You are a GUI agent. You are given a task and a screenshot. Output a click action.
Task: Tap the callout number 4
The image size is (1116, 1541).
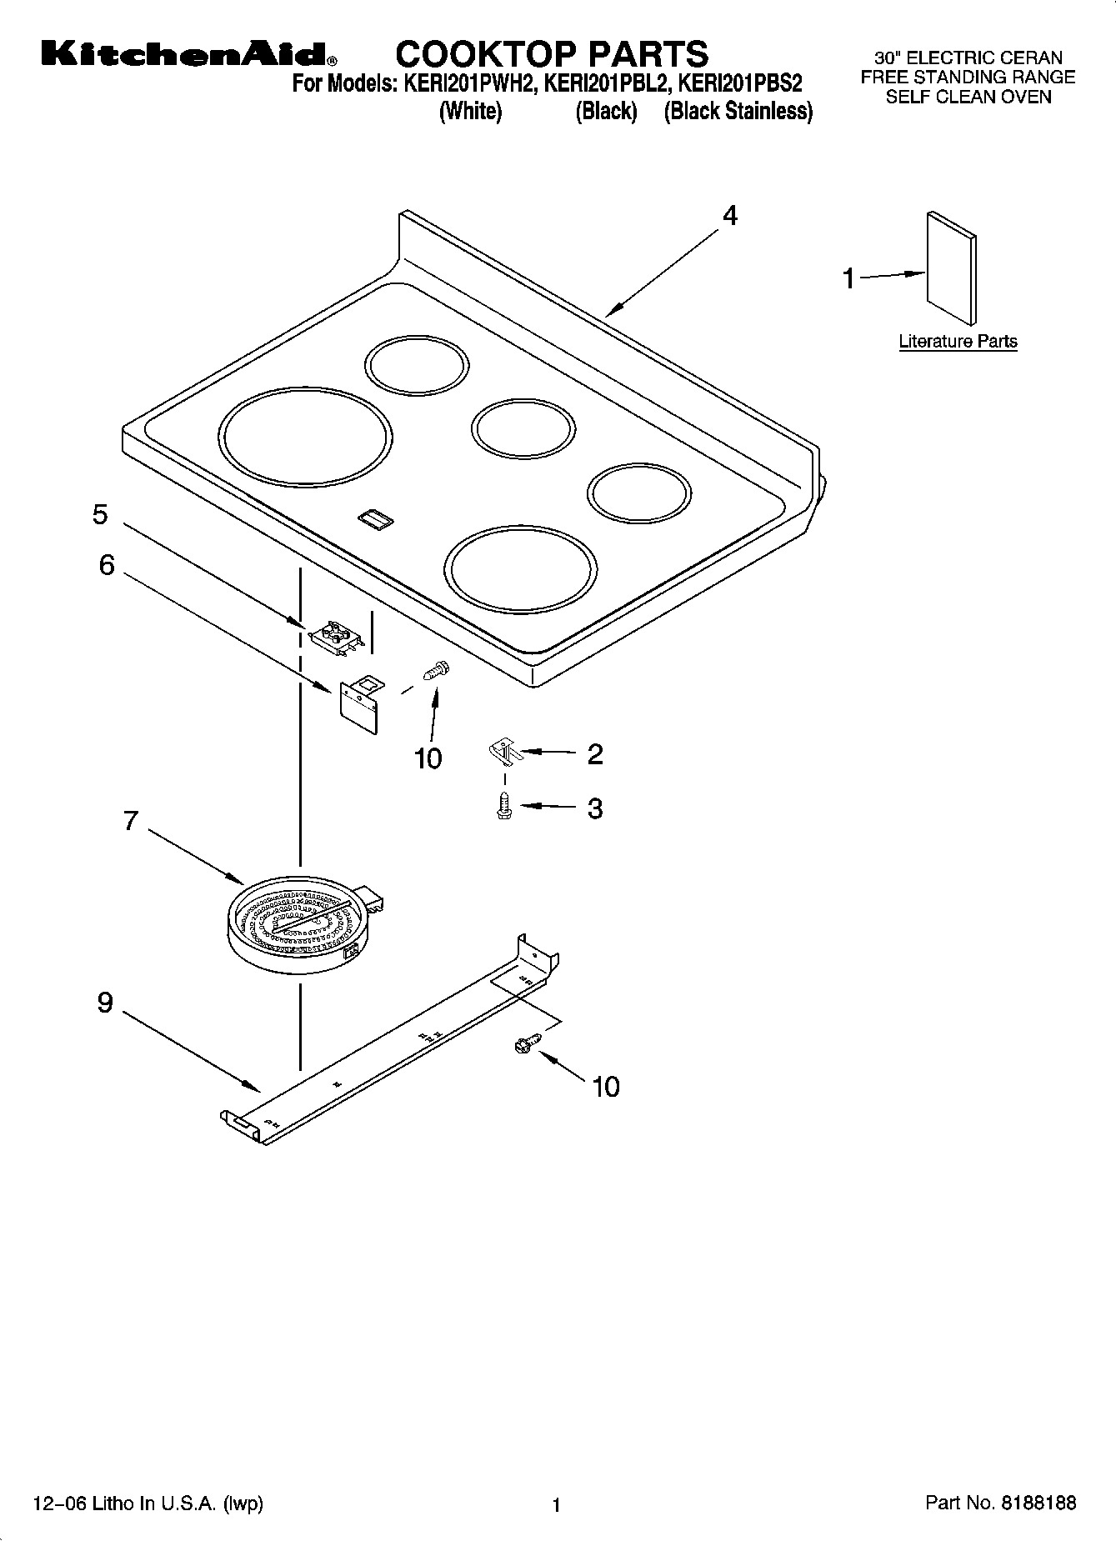pyautogui.click(x=729, y=216)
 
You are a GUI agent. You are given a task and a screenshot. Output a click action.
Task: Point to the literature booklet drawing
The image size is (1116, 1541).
pyautogui.click(x=951, y=267)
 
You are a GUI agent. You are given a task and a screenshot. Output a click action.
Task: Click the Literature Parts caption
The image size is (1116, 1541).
pyautogui.click(x=958, y=341)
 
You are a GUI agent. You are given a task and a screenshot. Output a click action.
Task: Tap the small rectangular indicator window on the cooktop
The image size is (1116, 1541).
pyautogui.click(x=376, y=520)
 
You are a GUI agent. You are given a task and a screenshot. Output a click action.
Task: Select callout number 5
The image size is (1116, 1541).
pyautogui.click(x=100, y=514)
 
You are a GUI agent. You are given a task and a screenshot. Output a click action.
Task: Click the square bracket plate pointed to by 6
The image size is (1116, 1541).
pyautogui.click(x=360, y=704)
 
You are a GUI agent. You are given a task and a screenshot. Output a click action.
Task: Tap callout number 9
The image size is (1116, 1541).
pyautogui.click(x=105, y=1002)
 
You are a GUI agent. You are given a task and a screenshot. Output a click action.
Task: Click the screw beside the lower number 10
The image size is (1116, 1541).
pyautogui.click(x=528, y=1042)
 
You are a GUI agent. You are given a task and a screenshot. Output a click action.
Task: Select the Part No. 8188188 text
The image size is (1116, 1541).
pyautogui.click(x=1000, y=1503)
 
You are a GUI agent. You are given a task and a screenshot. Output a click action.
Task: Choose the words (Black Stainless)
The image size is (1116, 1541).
pyautogui.click(x=738, y=112)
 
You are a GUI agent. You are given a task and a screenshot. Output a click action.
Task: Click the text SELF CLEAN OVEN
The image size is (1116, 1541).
pyautogui.click(x=968, y=97)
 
